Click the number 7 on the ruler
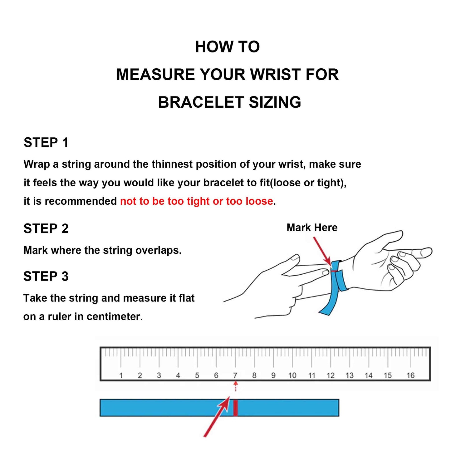(235, 375)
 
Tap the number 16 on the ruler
(410, 375)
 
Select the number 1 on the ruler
(121, 375)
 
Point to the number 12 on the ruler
(330, 375)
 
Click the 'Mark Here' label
(312, 228)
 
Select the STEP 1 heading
(46, 143)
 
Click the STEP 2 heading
(46, 228)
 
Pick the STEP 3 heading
(46, 276)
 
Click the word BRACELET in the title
(201, 102)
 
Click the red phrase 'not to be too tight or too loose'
(196, 201)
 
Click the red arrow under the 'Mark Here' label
(322, 252)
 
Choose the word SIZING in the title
(275, 102)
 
